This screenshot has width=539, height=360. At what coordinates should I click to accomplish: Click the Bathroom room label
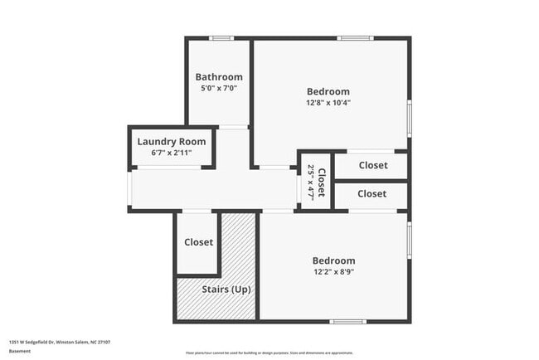219,77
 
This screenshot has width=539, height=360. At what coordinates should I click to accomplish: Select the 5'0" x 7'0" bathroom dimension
219,88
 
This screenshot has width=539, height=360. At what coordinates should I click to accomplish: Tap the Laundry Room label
172,141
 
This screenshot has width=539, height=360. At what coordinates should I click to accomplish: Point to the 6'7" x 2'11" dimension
172,153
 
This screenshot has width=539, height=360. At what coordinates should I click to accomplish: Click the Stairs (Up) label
226,289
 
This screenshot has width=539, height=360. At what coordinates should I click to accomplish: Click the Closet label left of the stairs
199,242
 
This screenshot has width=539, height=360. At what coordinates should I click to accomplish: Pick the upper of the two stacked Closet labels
373,165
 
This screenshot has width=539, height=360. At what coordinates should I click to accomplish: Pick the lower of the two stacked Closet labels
371,193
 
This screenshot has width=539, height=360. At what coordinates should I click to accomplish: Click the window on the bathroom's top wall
221,38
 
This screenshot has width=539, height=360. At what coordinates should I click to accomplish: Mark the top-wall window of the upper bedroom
354,38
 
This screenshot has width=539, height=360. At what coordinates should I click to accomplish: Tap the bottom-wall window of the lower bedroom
347,321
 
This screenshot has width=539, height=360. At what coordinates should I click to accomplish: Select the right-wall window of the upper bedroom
409,118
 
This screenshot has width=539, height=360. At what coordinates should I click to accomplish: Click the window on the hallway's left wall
129,187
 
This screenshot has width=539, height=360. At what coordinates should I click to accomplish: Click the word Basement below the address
21,352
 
